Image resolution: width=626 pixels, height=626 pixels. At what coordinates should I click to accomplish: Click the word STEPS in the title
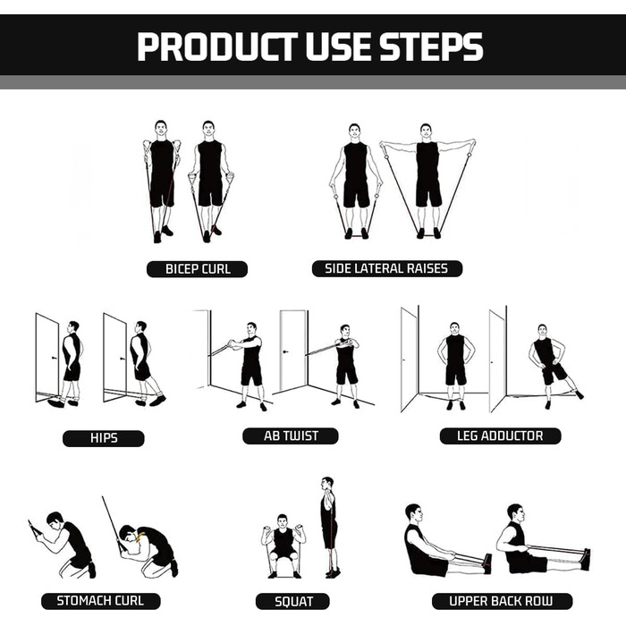pyautogui.click(x=432, y=47)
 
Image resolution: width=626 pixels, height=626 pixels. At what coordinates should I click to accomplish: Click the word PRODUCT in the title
pyautogui.click(x=217, y=47)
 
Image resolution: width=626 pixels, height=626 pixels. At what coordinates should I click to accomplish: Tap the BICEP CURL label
pyautogui.click(x=198, y=269)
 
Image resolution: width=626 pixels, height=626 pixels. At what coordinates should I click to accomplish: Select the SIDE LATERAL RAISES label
pyautogui.click(x=387, y=268)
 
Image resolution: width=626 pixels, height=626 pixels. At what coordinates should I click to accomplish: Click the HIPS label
pyautogui.click(x=104, y=438)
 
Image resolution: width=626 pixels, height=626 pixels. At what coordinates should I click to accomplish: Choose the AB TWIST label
pyautogui.click(x=291, y=436)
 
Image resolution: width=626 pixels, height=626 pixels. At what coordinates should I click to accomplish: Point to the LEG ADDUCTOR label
pyautogui.click(x=500, y=436)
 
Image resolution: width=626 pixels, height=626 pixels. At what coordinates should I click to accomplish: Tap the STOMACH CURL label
pyautogui.click(x=100, y=601)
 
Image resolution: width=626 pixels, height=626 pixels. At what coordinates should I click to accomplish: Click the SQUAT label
pyautogui.click(x=292, y=601)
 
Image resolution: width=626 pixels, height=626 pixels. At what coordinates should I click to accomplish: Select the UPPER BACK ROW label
pyautogui.click(x=502, y=601)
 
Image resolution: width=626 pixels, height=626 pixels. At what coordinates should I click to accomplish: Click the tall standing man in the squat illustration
pyautogui.click(x=329, y=527)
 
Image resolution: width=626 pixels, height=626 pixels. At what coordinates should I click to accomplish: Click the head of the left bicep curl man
pyautogui.click(x=160, y=128)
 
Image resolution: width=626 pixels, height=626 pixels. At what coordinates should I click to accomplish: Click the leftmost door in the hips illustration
pyautogui.click(x=47, y=358)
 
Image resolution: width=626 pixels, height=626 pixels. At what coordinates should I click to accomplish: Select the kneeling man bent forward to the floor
pyautogui.click(x=148, y=550)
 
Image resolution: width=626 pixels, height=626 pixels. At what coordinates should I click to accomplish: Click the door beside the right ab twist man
pyautogui.click(x=293, y=351)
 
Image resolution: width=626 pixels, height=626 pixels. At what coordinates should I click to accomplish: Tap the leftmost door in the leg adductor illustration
pyautogui.click(x=410, y=360)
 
